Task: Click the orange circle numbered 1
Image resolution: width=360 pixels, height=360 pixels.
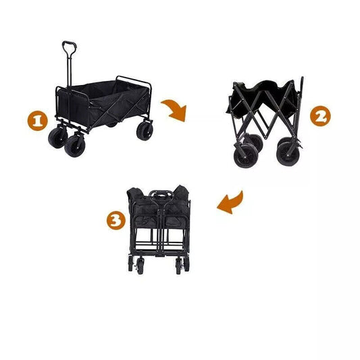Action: pos(36,122)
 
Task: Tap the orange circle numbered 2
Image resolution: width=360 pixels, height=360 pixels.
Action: pos(321,115)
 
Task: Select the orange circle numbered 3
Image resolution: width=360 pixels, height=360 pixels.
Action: pos(115,220)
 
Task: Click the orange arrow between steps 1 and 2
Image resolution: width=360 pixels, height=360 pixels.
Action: pos(175,109)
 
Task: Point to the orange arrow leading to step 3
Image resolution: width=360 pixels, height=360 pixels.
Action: pos(230,202)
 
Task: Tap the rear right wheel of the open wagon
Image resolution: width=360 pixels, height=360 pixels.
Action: pos(145,130)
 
